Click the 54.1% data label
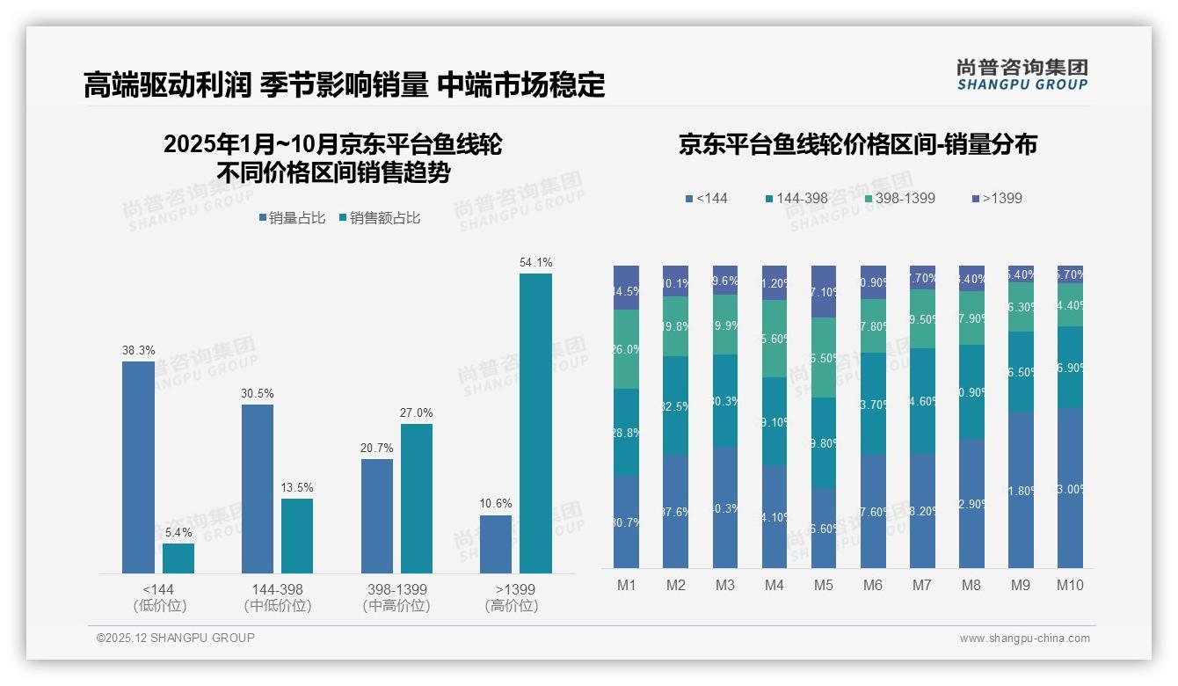click(x=535, y=262)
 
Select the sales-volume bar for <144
click(x=138, y=467)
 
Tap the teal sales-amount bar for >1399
click(x=535, y=423)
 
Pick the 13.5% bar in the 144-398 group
click(x=297, y=536)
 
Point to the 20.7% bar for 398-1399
click(x=376, y=515)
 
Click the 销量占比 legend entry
click(x=296, y=218)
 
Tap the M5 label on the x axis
click(x=823, y=586)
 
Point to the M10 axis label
click(x=1070, y=586)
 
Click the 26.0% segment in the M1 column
click(x=626, y=349)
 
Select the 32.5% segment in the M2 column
click(x=675, y=405)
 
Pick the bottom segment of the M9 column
click(x=1021, y=489)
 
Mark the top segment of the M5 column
click(x=823, y=291)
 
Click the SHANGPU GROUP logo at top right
click(x=1022, y=75)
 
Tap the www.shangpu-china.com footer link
click(x=1024, y=639)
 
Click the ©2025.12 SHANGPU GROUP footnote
click(x=176, y=638)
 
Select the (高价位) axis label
click(x=511, y=606)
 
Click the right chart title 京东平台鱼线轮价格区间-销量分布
click(x=857, y=145)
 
